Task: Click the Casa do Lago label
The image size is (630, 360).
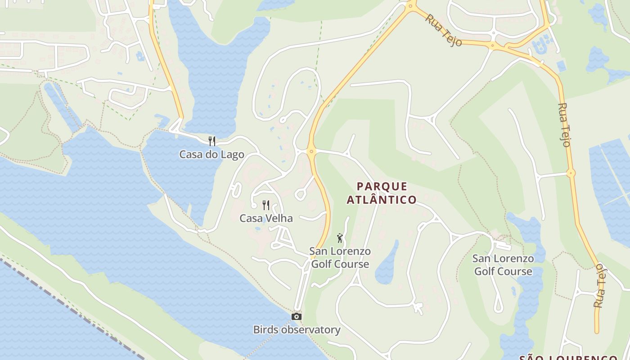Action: [x=211, y=155]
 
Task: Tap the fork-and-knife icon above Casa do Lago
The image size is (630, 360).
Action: [x=211, y=141]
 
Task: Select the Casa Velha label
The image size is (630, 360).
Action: [x=266, y=219]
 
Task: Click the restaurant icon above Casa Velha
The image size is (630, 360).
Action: [x=266, y=205]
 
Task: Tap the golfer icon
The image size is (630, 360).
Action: [x=340, y=238]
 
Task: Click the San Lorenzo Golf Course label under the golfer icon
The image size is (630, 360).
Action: [x=340, y=258]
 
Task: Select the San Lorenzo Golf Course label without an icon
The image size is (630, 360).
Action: [x=503, y=265]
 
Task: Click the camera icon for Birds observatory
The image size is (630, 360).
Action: [x=296, y=317]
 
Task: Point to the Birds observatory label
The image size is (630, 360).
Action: [x=297, y=330]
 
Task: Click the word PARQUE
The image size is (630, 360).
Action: [x=382, y=186]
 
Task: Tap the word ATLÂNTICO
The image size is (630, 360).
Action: [x=382, y=199]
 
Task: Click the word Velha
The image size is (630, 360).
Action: [x=279, y=219]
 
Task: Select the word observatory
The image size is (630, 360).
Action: [x=310, y=330]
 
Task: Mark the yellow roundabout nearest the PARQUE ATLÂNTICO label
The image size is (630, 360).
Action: [x=310, y=151]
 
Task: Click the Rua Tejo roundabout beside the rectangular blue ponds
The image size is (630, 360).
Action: [x=571, y=173]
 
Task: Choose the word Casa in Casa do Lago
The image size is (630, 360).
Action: [x=189, y=155]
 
